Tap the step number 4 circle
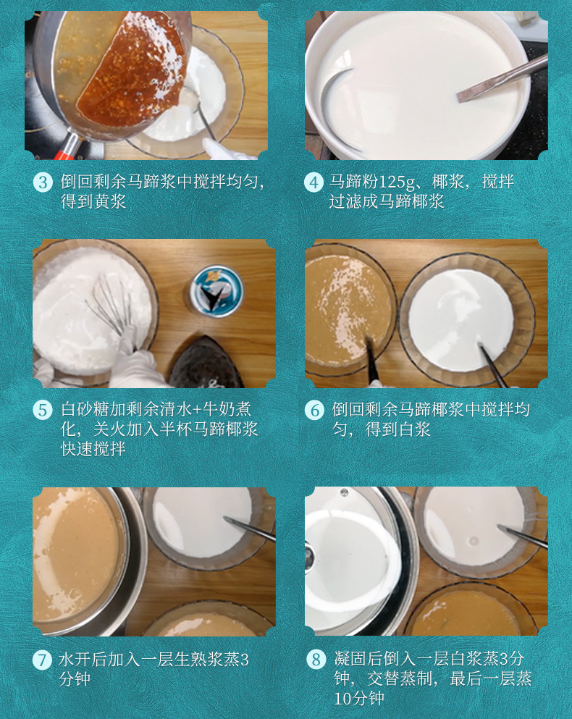314,182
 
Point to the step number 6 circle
314,410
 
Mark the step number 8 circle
315,660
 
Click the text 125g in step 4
419,182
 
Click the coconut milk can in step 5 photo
216,290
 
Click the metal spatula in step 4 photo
500,80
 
